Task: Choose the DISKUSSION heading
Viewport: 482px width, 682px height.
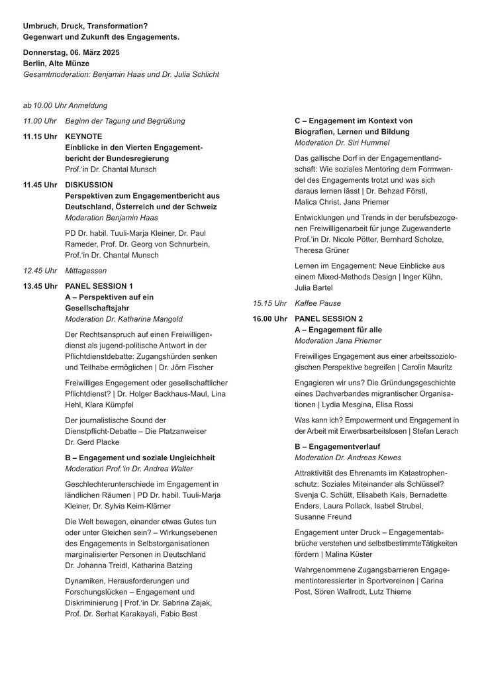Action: coord(89,184)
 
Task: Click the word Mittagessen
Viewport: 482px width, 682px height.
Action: coord(85,270)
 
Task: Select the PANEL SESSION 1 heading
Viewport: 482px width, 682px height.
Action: coord(99,286)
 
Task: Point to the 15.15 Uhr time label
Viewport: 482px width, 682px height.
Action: coord(269,303)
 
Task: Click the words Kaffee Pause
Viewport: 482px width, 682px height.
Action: coord(318,303)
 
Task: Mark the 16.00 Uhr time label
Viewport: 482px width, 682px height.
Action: coord(270,318)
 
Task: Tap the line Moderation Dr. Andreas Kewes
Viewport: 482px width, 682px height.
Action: coord(348,458)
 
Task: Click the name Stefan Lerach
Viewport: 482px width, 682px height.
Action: coord(438,431)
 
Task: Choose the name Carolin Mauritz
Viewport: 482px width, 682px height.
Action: coord(423,366)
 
